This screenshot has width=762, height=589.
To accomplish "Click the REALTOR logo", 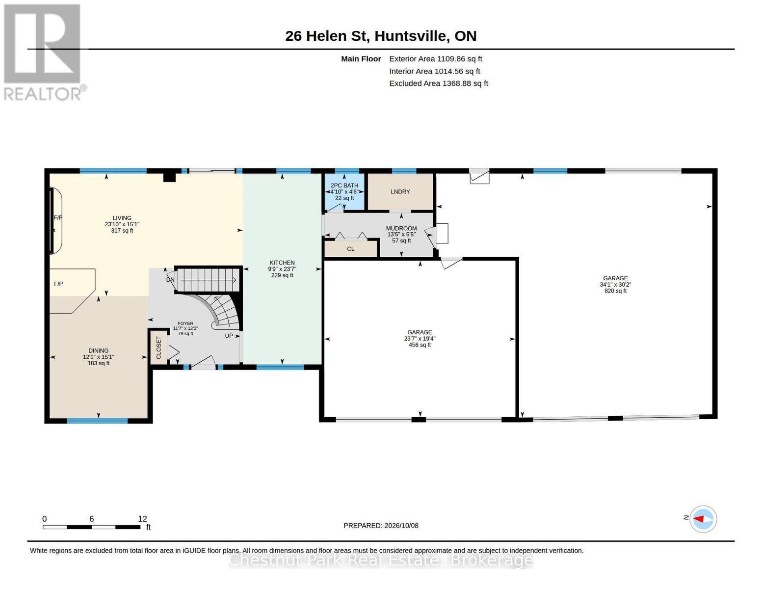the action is click(45, 53).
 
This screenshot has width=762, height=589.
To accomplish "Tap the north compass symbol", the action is click(703, 519).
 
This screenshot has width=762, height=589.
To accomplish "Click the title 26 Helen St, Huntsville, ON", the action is click(381, 36).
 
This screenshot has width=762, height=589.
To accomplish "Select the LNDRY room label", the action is click(400, 192).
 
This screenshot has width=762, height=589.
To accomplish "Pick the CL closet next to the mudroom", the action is click(351, 249).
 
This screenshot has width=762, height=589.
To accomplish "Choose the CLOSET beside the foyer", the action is click(158, 348).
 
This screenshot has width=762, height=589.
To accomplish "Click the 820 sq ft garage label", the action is click(615, 285).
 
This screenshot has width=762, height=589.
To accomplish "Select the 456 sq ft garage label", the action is click(420, 339).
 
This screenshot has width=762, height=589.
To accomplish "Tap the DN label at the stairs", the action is click(170, 280).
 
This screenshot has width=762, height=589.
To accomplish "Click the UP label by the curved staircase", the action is click(229, 336).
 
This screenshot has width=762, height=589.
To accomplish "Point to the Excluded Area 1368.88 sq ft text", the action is click(439, 83).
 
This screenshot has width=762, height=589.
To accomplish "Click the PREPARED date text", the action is click(381, 526).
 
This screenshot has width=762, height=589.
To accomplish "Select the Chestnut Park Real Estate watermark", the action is click(381, 560).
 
